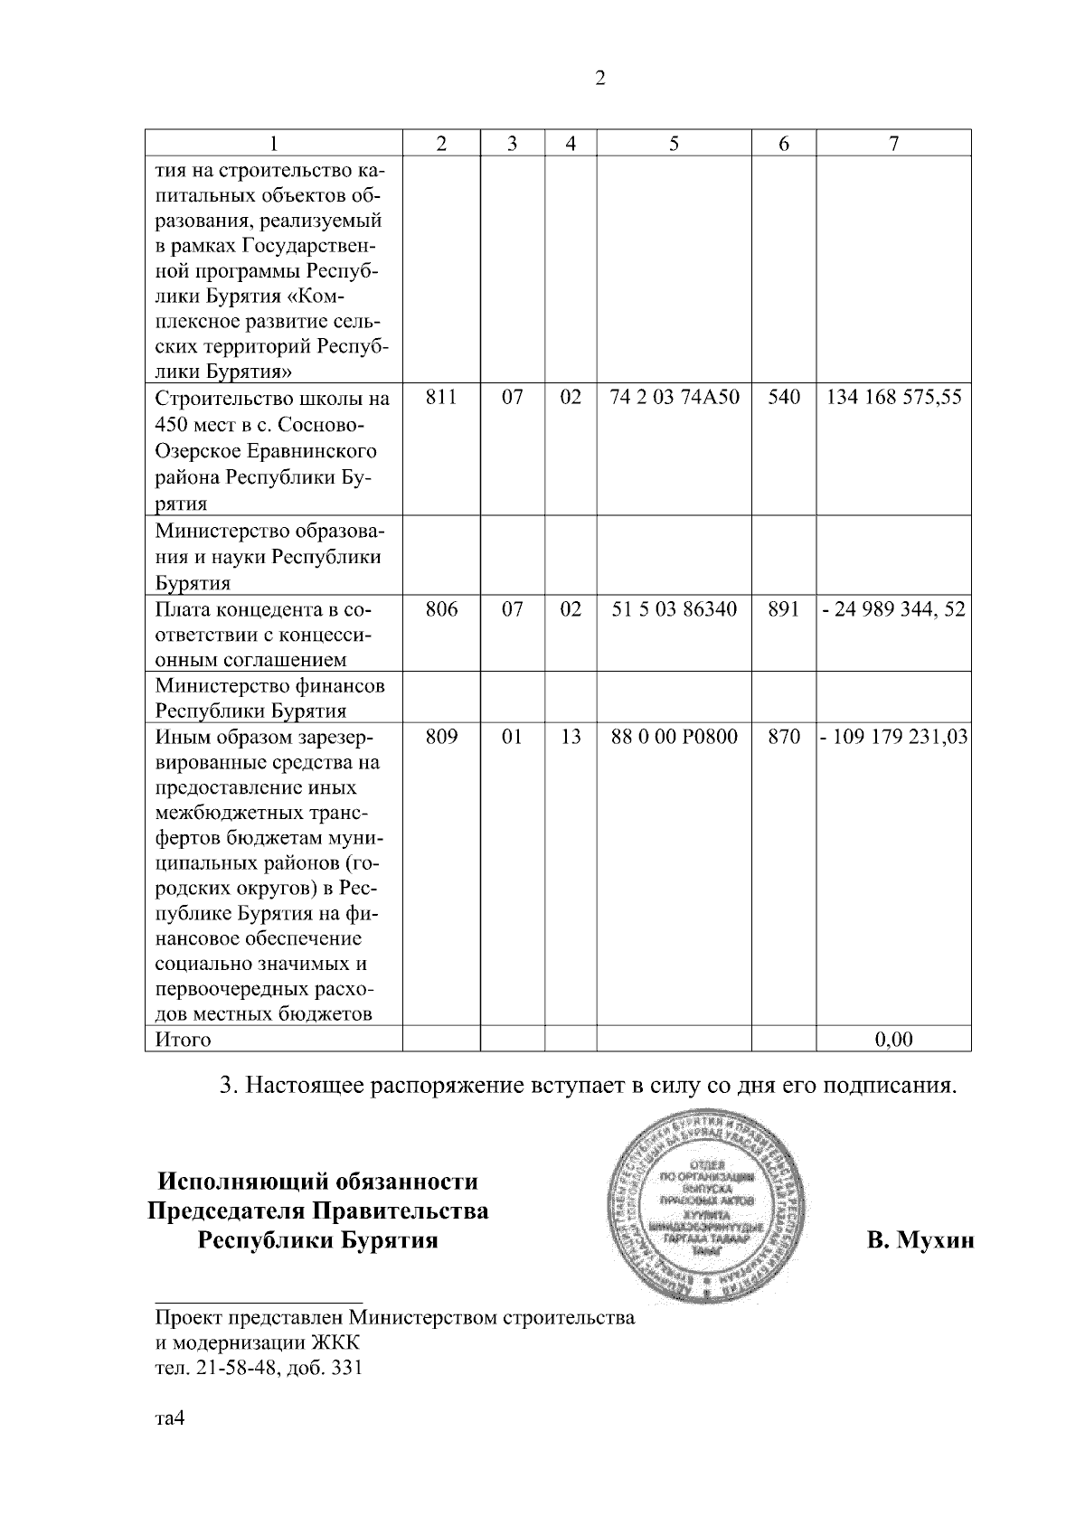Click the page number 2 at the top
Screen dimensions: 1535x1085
(x=600, y=79)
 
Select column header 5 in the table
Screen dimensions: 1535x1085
(x=675, y=143)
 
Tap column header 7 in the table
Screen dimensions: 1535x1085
(x=893, y=143)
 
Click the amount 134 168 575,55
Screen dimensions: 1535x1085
(x=893, y=398)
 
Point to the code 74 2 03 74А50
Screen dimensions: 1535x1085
(x=675, y=398)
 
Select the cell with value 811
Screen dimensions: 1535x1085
(x=441, y=398)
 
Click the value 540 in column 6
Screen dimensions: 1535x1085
(x=784, y=398)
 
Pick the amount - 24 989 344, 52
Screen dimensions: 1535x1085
(x=893, y=609)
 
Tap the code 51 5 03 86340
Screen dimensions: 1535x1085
(x=675, y=609)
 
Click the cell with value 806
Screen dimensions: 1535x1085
(x=441, y=609)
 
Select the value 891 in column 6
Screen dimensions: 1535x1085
(x=784, y=609)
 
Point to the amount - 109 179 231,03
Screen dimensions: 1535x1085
(x=893, y=737)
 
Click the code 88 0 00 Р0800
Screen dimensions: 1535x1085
(x=675, y=737)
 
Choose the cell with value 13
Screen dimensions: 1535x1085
(x=571, y=737)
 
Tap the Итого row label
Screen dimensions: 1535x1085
(x=184, y=1040)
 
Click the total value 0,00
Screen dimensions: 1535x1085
(x=893, y=1040)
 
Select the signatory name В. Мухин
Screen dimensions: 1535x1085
(x=920, y=1240)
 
